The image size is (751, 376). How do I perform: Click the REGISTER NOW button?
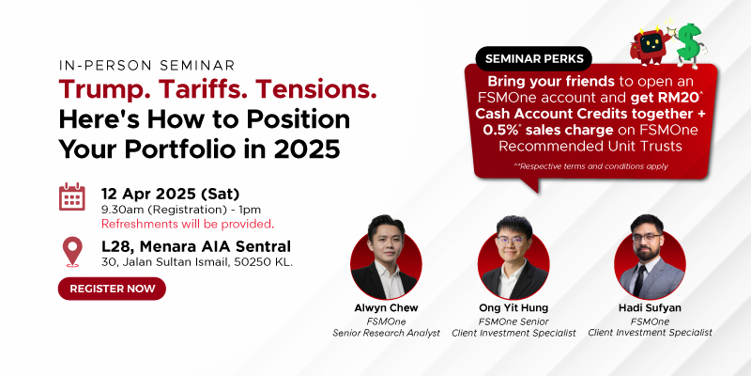112,289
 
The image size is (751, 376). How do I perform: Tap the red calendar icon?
72,197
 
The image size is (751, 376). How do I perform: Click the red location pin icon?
72,251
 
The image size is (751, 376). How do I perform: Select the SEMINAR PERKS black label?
534,58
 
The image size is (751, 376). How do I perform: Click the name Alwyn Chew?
386,308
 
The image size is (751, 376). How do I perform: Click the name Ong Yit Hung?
513,308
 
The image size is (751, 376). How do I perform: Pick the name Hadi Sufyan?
650,308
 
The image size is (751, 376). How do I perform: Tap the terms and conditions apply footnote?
591,166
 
